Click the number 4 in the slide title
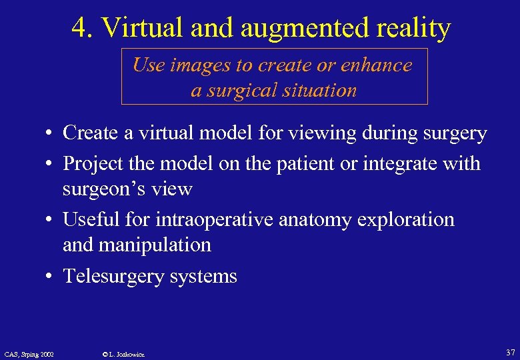tap(79, 28)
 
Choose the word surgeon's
tap(100, 189)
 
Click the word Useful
tap(91, 219)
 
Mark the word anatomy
tap(317, 220)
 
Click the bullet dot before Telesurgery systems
tap(50, 276)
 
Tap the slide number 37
tap(509, 351)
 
